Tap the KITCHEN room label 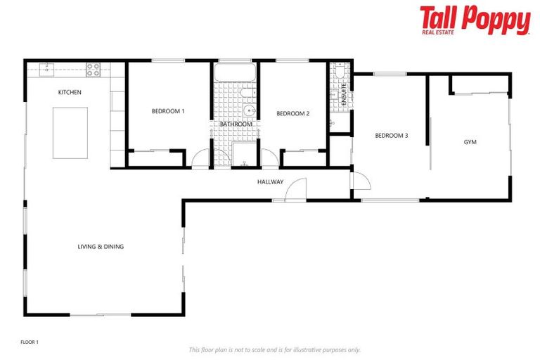(x=70, y=92)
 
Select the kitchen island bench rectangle (x=70, y=133)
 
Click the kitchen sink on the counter (x=47, y=69)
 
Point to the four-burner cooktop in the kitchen (x=93, y=69)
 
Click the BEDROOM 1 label (x=168, y=111)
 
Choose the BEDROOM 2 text (x=292, y=113)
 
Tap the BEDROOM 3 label (x=391, y=136)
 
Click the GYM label (x=470, y=142)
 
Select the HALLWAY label (x=270, y=181)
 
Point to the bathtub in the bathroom (x=236, y=73)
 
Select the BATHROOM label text (x=236, y=124)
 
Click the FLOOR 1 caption (x=30, y=342)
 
